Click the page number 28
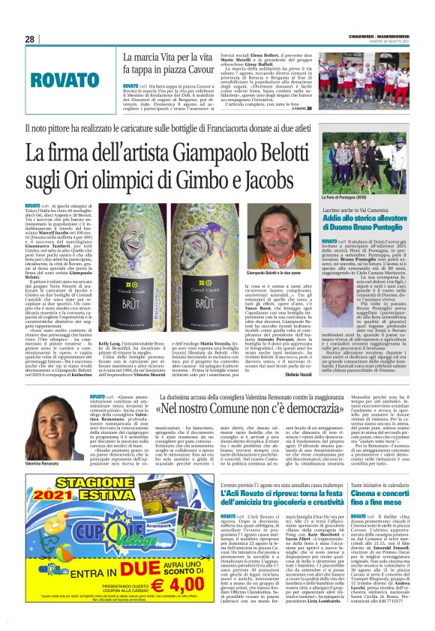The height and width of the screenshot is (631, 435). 29,39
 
